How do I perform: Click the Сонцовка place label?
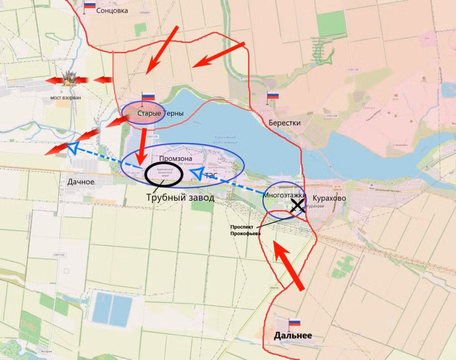coord(112,10)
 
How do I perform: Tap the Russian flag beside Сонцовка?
coord(90,5)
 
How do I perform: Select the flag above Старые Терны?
coord(148,97)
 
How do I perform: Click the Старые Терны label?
coord(154,113)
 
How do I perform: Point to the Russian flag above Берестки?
coord(273,96)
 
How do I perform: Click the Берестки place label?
coord(285,123)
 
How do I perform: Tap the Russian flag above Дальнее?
coord(295,322)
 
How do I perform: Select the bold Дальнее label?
coord(293,336)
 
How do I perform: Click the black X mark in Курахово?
coord(298,206)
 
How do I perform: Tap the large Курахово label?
coord(329,198)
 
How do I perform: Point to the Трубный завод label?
coord(180,198)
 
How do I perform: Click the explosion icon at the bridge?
coord(69,79)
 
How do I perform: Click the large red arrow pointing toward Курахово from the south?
coord(289,265)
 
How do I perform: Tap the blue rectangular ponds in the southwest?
coord(112,309)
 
